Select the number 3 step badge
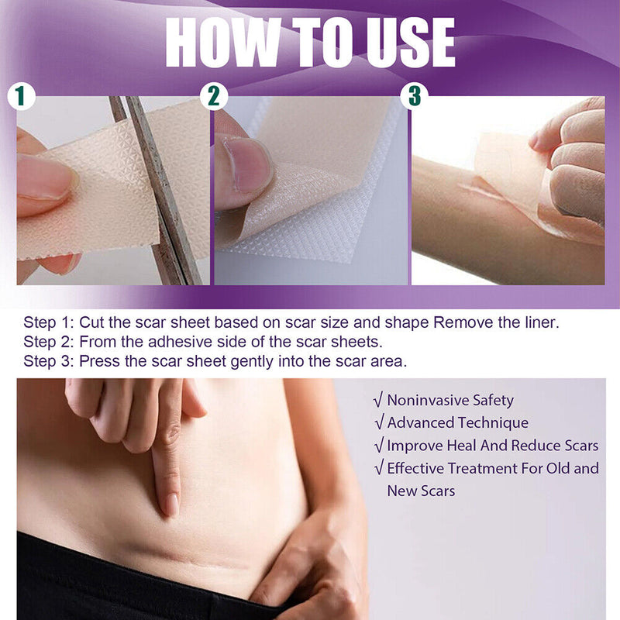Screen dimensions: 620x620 point(415,96)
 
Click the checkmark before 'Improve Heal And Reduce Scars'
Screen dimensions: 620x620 point(378,446)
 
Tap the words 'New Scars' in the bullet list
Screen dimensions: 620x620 point(421,491)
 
